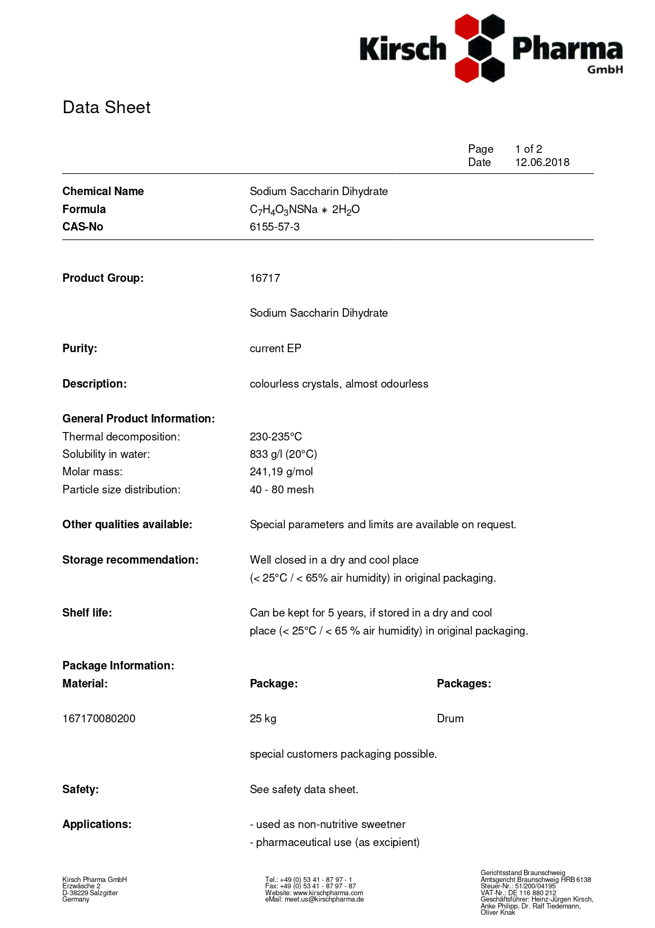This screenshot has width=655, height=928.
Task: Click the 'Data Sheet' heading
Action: (106, 107)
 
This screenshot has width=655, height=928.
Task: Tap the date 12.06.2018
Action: (542, 162)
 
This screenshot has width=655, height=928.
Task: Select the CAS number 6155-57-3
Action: (275, 227)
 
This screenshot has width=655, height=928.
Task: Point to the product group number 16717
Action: (265, 278)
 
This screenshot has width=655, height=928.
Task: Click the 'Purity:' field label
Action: (80, 348)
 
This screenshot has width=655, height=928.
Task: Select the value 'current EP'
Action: (275, 348)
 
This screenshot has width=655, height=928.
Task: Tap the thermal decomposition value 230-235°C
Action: (276, 437)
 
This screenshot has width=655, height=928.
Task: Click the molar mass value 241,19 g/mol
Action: (281, 472)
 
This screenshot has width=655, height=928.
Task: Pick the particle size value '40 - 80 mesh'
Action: (282, 490)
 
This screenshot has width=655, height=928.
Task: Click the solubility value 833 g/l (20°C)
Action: (283, 454)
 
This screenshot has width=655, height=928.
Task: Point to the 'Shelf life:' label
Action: (87, 613)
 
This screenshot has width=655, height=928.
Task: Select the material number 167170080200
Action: (99, 719)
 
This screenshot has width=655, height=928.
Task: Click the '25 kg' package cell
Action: (263, 719)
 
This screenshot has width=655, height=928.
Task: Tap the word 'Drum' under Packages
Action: (450, 719)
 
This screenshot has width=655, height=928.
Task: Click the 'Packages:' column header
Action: (464, 684)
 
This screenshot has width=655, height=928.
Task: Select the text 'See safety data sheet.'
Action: (304, 789)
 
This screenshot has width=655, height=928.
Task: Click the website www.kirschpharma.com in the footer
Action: (328, 893)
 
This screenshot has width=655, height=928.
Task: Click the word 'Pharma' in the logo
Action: (567, 49)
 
